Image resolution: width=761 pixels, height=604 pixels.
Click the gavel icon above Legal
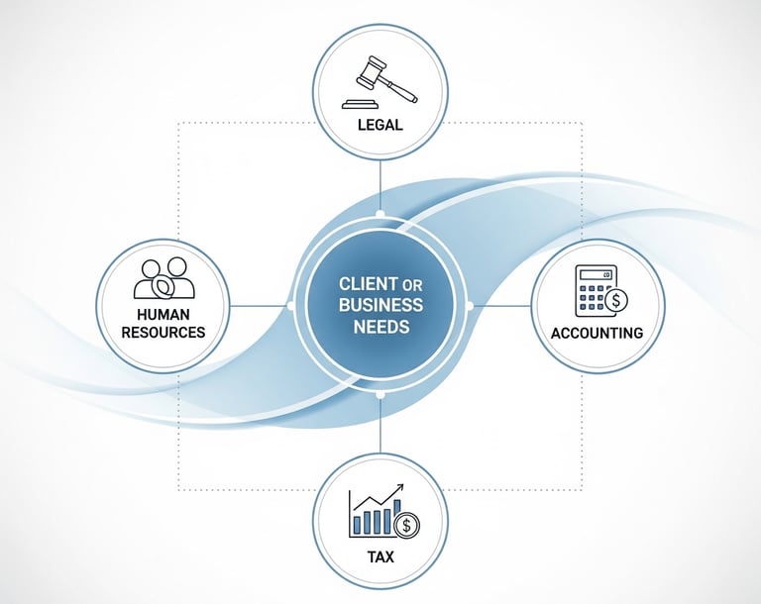pos(380,84)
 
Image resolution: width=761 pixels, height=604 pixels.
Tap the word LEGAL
pos(380,126)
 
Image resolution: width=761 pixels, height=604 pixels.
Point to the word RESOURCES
pos(163,332)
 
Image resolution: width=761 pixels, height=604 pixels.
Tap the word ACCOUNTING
pos(598,333)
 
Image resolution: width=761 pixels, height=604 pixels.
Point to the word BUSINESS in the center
pos(380,305)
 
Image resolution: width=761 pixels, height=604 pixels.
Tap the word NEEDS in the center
pos(380,327)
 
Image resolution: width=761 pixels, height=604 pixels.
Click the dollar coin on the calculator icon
pos(617,298)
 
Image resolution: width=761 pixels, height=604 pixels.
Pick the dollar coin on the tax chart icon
pos(406,524)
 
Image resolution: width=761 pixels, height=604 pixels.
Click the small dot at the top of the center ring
pos(380,215)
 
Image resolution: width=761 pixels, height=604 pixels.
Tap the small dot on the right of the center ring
pos(470,305)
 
